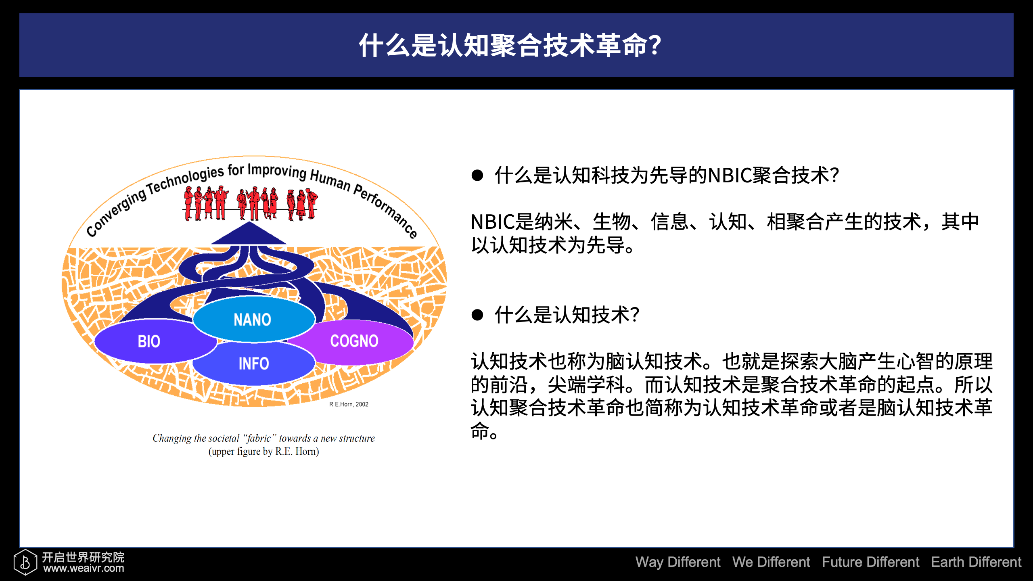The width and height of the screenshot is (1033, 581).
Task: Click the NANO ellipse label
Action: click(252, 320)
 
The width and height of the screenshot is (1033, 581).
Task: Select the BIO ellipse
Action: click(155, 341)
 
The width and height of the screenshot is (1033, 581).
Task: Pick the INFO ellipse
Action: click(254, 363)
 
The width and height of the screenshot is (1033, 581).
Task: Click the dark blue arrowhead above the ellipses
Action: click(249, 233)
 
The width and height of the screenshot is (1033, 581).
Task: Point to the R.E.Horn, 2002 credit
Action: click(349, 404)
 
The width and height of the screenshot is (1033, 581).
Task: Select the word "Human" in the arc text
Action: click(330, 180)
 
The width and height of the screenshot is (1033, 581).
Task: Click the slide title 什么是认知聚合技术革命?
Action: click(510, 45)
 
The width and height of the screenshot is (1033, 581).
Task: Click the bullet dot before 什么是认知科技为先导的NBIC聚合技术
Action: click(477, 176)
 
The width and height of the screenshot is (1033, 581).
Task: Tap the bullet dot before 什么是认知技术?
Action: click(477, 315)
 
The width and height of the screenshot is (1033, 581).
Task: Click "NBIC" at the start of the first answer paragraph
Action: click(492, 222)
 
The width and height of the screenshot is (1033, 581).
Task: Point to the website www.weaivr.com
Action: click(84, 568)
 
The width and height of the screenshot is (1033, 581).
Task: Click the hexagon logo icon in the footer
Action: click(25, 562)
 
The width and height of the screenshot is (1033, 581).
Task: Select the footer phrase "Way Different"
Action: click(678, 562)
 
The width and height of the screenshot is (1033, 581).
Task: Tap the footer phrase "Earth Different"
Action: click(976, 562)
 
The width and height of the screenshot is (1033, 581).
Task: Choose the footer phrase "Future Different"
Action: click(870, 562)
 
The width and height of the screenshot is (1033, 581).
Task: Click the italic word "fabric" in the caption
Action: click(259, 439)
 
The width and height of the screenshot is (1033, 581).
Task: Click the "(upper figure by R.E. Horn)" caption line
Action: click(263, 451)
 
